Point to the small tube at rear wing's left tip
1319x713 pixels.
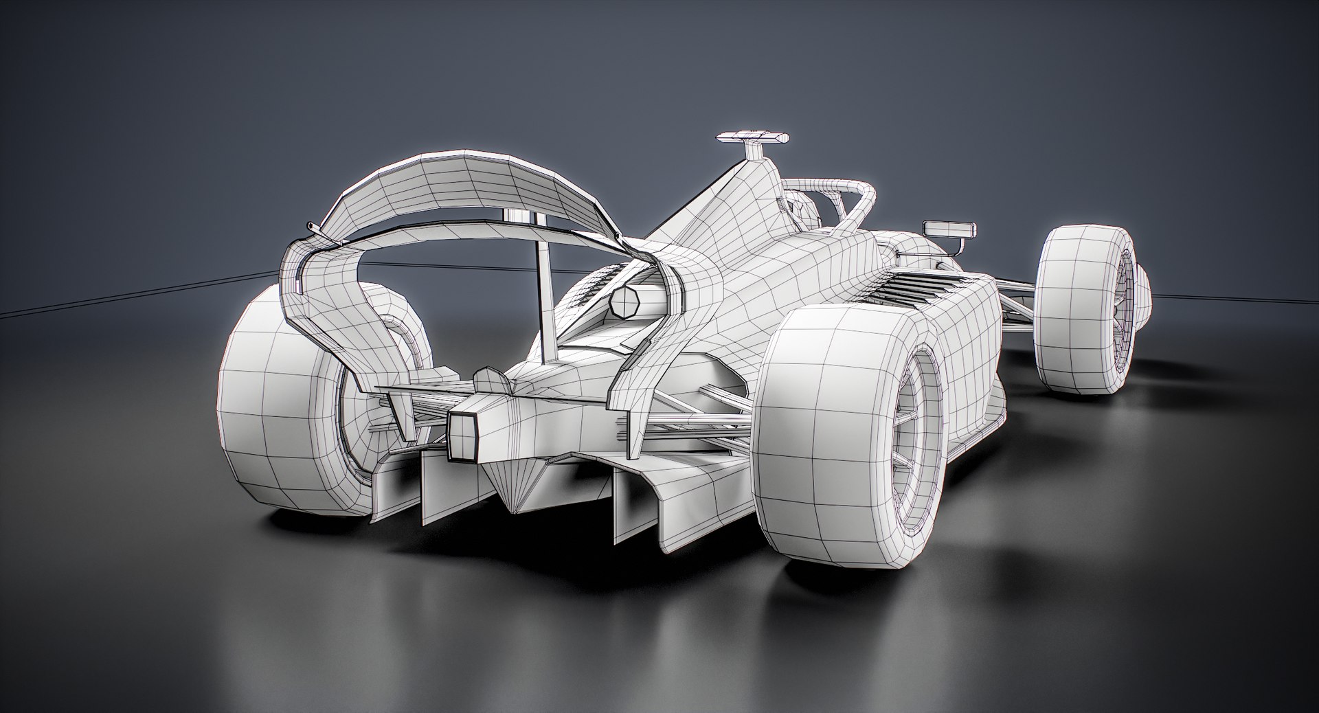point(312,227)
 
